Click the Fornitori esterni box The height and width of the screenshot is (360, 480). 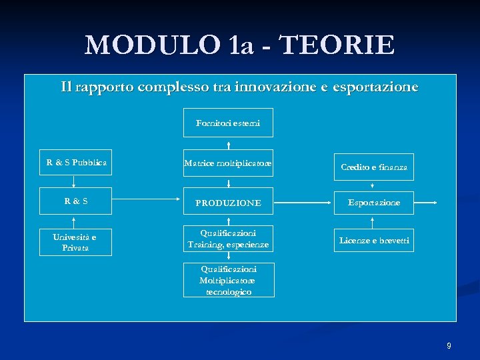click(x=229, y=123)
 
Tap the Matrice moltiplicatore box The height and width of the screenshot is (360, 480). click(x=229, y=163)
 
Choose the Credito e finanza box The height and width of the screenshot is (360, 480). click(x=373, y=167)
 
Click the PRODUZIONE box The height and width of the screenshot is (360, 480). click(x=229, y=203)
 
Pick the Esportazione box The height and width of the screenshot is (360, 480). click(x=373, y=203)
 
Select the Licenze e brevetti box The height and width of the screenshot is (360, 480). click(x=373, y=240)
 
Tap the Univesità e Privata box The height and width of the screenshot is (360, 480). click(x=75, y=242)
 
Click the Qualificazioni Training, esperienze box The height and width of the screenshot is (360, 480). click(x=229, y=239)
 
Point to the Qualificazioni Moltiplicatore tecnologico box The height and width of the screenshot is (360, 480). click(x=229, y=280)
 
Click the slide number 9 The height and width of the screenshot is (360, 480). click(x=449, y=345)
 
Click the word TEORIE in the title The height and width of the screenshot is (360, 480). click(x=337, y=45)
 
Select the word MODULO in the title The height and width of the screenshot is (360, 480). click(x=152, y=45)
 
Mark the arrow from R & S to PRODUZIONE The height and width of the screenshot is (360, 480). click(x=147, y=202)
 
